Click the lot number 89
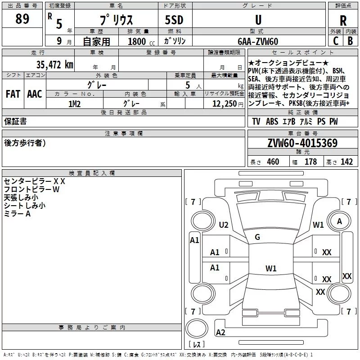pyautogui.click(x=22, y=20)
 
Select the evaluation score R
pyautogui.click(x=343, y=21)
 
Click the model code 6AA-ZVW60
pyautogui.click(x=258, y=41)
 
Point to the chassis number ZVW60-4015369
pyautogui.click(x=302, y=144)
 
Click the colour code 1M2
pyautogui.click(x=74, y=104)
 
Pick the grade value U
pyautogui.click(x=258, y=20)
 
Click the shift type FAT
pyautogui.click(x=13, y=94)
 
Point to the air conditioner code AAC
pyautogui.click(x=35, y=94)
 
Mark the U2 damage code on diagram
pyautogui.click(x=224, y=225)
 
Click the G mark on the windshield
pyautogui.click(x=257, y=237)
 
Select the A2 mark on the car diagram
pyautogui.click(x=220, y=333)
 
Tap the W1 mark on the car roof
pyautogui.click(x=271, y=269)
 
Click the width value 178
pyautogui.click(x=311, y=162)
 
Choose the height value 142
pyautogui.click(x=346, y=162)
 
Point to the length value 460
pyautogui.click(x=273, y=162)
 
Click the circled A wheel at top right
pyautogui.click(x=339, y=221)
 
